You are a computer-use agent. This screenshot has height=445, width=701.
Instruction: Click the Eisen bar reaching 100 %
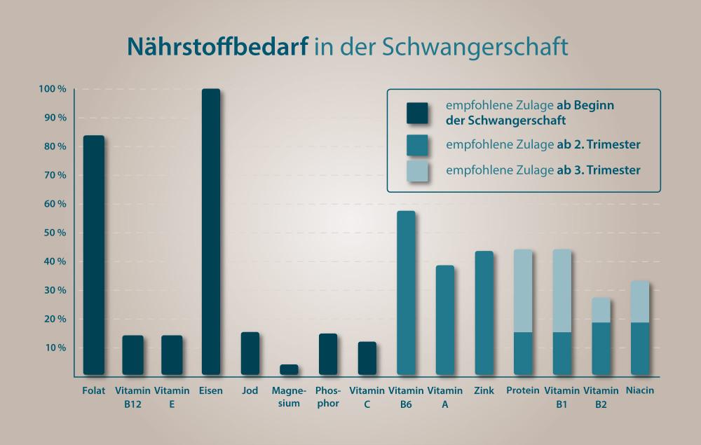coord(211,231)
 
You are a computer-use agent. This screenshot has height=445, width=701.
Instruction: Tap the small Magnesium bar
coord(289,369)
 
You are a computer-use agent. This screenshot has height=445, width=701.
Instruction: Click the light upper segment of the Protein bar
coord(523,290)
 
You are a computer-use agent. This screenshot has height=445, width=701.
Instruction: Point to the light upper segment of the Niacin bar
coord(640,301)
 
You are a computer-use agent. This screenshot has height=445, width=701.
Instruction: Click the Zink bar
coord(484,313)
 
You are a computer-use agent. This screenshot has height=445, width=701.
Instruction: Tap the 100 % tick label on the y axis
coord(53,90)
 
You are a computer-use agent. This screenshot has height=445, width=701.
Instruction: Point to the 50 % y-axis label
coord(54,233)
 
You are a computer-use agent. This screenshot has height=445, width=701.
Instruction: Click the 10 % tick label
coord(54,348)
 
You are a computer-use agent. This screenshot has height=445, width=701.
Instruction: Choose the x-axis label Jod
coord(250,390)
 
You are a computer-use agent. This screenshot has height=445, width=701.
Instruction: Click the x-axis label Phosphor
coord(328,397)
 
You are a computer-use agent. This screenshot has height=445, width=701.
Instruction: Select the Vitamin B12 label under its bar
coord(132,397)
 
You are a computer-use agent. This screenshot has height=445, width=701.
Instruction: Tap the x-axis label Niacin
coord(640,390)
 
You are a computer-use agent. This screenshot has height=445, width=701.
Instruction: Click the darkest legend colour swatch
coord(417,113)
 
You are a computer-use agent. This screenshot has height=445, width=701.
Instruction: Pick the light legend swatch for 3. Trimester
coord(417,171)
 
